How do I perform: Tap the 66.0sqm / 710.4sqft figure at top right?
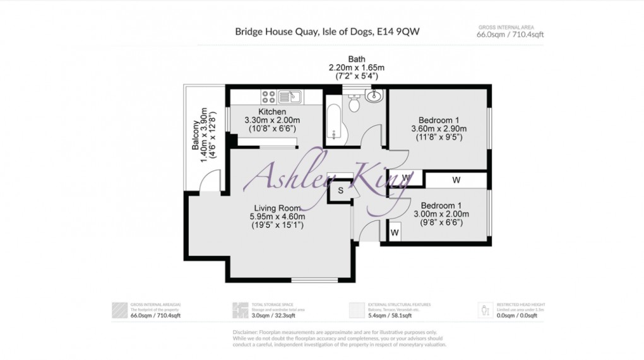click(510, 35)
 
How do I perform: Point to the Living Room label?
click(277, 208)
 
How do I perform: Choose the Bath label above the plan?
click(356, 59)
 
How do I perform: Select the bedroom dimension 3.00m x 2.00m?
click(441, 214)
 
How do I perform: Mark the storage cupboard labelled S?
click(340, 190)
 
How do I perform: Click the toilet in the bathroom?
click(354, 104)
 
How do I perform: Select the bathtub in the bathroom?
click(333, 121)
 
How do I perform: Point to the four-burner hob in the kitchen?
click(268, 97)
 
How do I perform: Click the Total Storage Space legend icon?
click(240, 310)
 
